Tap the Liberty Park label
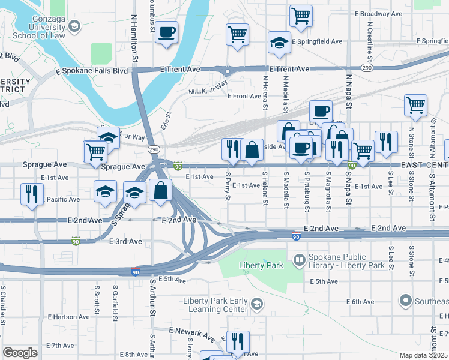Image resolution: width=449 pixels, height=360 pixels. [256, 265]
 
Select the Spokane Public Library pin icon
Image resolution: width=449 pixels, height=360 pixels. [299, 260]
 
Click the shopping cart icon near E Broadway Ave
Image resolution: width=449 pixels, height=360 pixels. [301, 16]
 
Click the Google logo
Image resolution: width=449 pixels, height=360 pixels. [20, 353]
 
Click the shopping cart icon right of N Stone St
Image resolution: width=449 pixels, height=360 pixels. [415, 106]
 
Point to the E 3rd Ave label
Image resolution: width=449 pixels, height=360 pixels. [125, 241]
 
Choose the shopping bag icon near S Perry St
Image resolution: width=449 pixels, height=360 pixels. [253, 150]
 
